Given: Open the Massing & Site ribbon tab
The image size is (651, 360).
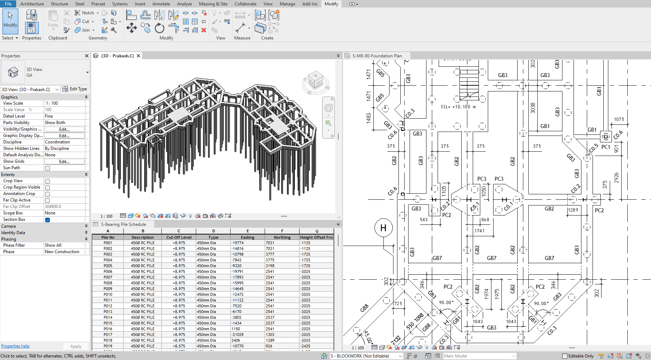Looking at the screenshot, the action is [213, 4].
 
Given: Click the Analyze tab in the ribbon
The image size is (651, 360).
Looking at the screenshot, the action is [184, 4].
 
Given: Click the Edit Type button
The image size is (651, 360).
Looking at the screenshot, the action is [75, 89].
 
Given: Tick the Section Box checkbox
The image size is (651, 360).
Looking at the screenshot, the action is [47, 220].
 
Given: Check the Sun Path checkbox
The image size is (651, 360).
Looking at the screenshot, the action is [47, 168].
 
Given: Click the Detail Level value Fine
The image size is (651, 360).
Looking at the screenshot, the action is [49, 116].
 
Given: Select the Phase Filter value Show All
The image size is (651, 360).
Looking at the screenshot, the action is [53, 245].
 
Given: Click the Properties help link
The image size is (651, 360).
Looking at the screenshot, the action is [15, 346].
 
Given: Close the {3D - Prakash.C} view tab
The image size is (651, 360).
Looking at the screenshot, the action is [138, 56].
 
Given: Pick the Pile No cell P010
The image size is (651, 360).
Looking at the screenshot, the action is [108, 294].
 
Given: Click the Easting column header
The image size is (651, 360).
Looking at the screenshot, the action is [247, 237].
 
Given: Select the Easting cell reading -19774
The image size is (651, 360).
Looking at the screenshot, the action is [238, 243].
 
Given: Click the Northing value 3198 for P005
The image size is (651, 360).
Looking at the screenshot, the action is [270, 266].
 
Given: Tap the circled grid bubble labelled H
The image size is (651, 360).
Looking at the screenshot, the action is [383, 228].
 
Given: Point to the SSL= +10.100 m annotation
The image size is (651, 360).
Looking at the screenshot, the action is [458, 107].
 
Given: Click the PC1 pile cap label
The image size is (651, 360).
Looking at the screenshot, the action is [606, 147].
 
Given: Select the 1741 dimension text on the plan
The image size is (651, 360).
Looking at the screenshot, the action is [480, 231].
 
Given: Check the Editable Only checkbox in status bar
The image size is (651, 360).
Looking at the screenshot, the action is [565, 356].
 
